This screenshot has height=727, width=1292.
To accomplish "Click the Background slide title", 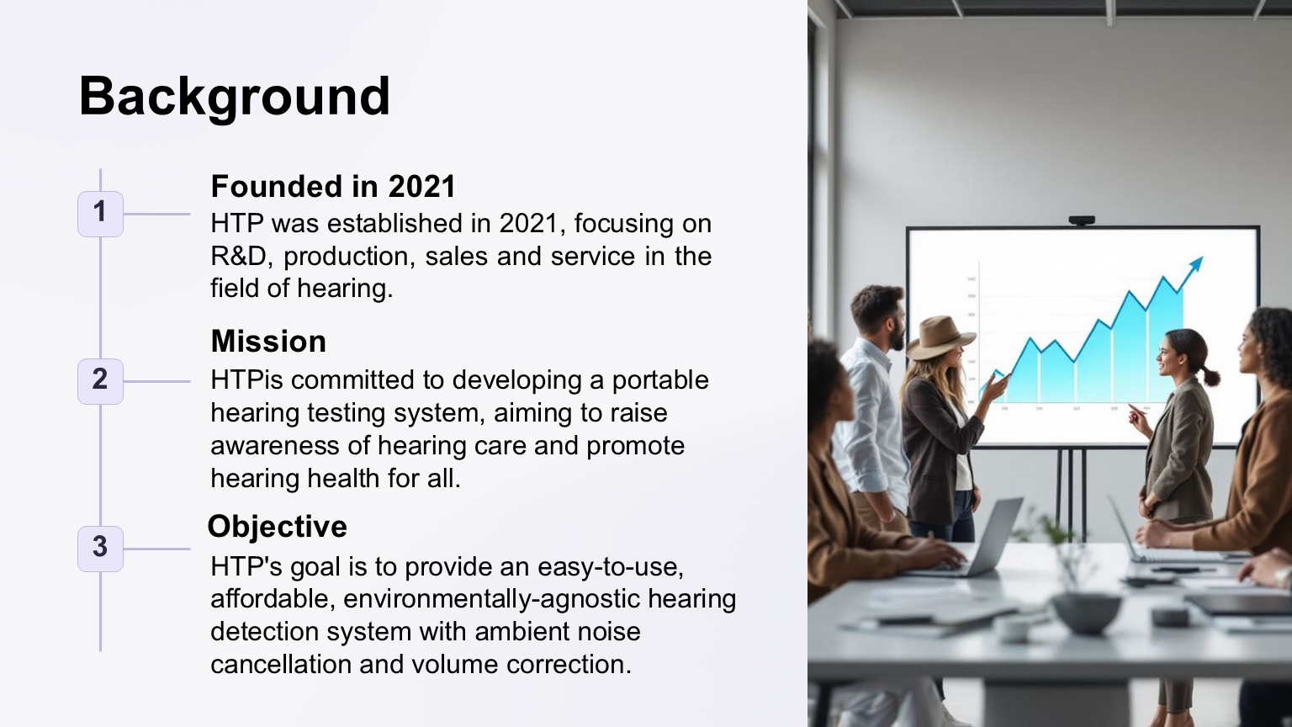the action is click(x=234, y=97).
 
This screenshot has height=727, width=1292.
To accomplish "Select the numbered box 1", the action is click(x=100, y=214).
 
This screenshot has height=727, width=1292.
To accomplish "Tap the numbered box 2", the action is click(x=100, y=381).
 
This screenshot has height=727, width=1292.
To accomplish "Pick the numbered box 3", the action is click(x=100, y=549).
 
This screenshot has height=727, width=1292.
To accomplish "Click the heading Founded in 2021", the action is click(x=333, y=186).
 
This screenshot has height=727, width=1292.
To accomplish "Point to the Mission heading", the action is click(x=269, y=341).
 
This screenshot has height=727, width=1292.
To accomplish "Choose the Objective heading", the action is click(x=278, y=526).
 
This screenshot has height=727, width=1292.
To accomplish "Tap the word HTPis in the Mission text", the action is click(x=251, y=380).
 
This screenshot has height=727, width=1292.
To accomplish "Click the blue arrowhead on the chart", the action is click(x=1194, y=265).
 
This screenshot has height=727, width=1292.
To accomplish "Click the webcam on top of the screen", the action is click(x=1082, y=220).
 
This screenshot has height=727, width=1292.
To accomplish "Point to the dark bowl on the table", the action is click(x=1086, y=613).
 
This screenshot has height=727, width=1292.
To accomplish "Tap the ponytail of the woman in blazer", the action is click(x=1210, y=375).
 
